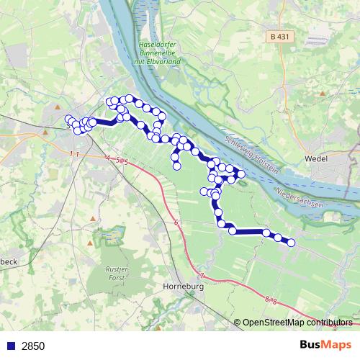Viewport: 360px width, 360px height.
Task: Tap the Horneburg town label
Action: click(x=186, y=287)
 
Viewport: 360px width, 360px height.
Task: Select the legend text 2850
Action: click(x=33, y=346)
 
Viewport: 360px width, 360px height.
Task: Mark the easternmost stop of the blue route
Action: click(x=292, y=243)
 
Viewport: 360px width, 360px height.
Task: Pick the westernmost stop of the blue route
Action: click(x=69, y=120)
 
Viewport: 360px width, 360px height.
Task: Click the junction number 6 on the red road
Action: click(x=176, y=224)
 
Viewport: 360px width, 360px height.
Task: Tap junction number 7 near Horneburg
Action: click(x=202, y=276)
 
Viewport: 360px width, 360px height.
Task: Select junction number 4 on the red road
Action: click(x=107, y=157)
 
